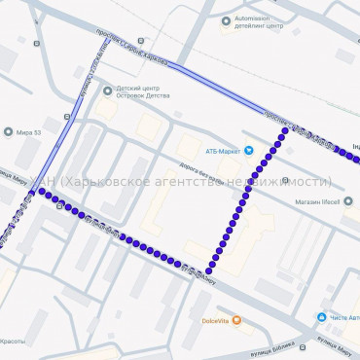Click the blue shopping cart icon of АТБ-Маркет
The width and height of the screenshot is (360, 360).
248,150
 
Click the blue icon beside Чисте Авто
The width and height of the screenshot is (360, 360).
320,317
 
